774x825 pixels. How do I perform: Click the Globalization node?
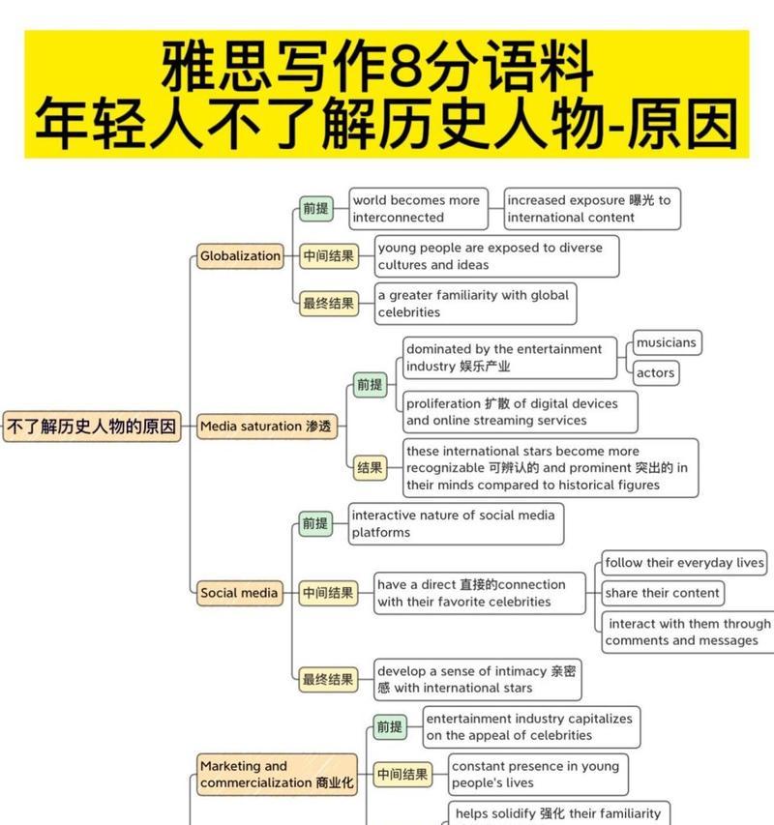coord(240,256)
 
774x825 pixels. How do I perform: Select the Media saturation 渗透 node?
coord(267,427)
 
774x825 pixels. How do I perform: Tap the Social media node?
coord(239,593)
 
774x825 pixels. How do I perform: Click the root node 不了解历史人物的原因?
coord(92,427)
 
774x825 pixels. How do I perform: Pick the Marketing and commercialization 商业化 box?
coord(277,774)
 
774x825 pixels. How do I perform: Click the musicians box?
coord(667,342)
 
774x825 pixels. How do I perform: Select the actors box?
coord(656,373)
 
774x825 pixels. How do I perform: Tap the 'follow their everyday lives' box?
coord(684,563)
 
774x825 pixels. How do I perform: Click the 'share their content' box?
coord(663,593)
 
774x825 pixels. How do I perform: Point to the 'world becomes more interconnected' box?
coord(418,208)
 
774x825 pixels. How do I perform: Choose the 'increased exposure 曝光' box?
coord(592,208)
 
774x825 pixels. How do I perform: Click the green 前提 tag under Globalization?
coord(315,208)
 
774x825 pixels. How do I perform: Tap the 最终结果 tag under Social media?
coord(328,679)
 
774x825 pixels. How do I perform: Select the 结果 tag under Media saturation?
coord(370,468)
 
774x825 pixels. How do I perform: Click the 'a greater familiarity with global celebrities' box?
coord(475,304)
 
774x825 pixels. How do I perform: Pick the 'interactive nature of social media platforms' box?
coord(456,523)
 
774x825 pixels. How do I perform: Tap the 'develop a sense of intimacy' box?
coord(477,679)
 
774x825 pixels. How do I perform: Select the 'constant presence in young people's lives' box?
coord(538,774)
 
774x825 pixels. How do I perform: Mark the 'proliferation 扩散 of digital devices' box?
coord(520,412)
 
